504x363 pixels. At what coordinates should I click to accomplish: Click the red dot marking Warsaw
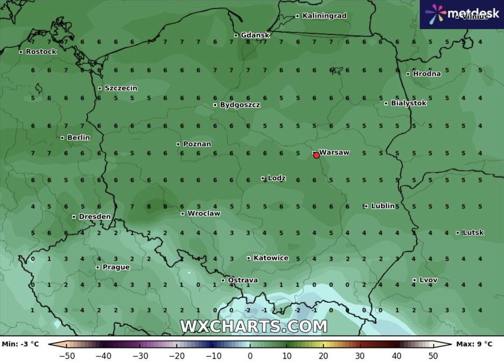316,155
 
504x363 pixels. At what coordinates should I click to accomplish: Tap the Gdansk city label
255,35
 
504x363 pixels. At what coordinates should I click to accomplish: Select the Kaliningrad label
324,16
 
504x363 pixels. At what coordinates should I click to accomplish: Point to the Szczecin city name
120,88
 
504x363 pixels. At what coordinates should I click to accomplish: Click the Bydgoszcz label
240,105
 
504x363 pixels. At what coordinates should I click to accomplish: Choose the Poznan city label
197,144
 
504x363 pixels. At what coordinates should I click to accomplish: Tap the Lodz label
276,178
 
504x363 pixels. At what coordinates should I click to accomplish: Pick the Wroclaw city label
203,213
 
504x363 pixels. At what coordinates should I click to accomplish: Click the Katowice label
270,258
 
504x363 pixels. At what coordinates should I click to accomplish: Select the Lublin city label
383,206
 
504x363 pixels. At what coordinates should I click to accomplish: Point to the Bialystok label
408,103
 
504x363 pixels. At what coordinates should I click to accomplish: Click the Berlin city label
78,138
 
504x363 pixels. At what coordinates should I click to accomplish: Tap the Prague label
116,267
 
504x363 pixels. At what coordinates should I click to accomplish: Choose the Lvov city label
428,280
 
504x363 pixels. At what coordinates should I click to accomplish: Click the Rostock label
41,52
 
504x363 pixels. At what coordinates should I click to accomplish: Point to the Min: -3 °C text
20,344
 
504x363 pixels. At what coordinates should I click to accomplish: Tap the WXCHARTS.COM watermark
253,326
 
